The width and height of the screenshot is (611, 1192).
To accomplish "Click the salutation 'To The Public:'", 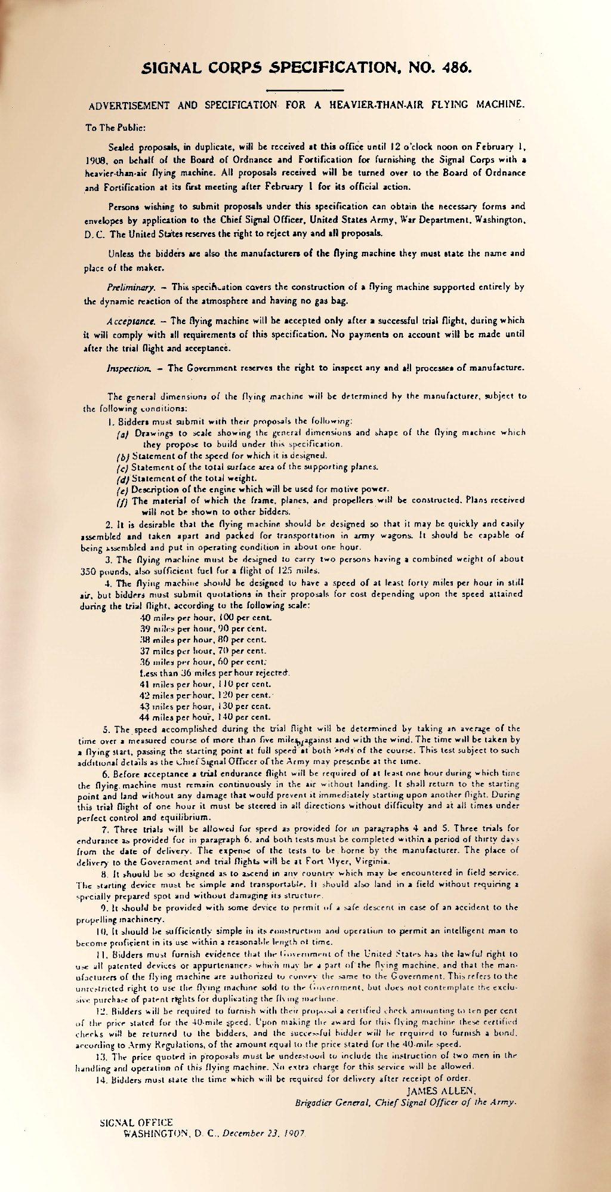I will (112, 127).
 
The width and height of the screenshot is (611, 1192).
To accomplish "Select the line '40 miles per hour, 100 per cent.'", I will (205, 617).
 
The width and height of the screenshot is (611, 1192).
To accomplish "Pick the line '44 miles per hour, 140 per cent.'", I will (205, 717).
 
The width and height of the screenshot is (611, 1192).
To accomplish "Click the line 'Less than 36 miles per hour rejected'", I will (214, 673).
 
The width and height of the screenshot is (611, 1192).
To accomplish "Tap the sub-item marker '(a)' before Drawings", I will (124, 433).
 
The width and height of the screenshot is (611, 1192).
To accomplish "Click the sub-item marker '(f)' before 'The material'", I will (124, 500).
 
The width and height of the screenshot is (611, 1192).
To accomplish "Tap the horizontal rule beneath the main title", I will (305, 90).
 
